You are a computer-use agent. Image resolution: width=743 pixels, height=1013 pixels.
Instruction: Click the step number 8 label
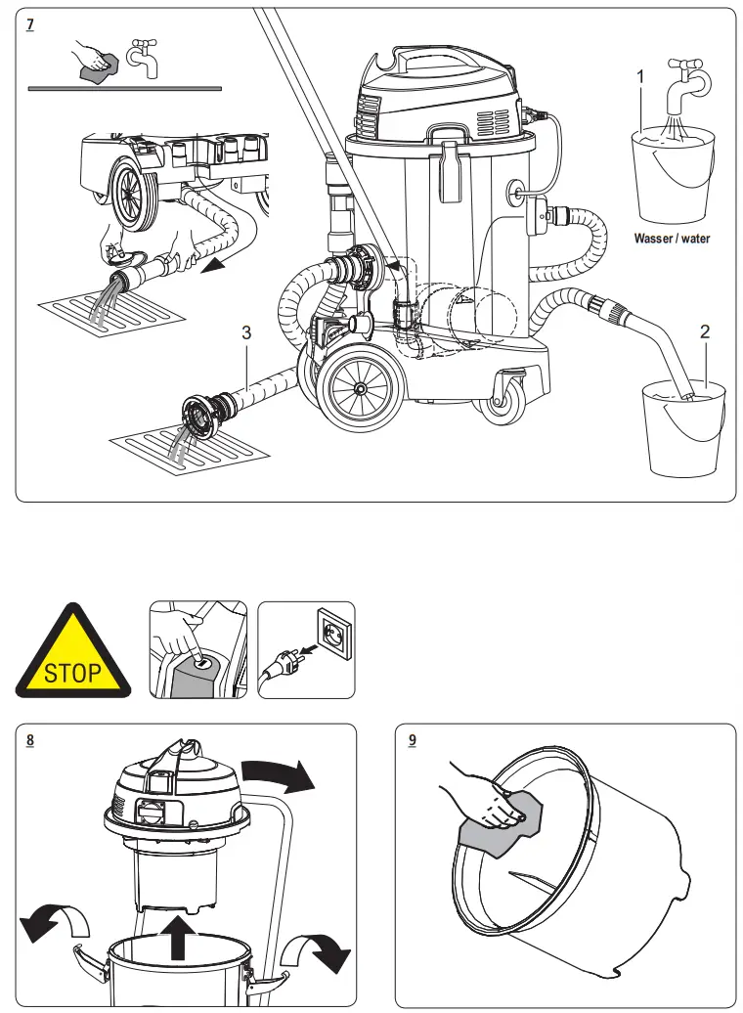pos(31,740)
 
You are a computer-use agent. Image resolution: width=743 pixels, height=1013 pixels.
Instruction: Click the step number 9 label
pos(412,740)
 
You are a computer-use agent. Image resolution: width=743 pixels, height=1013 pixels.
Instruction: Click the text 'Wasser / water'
pos(672,239)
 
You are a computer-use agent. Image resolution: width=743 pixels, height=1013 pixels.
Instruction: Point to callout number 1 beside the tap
pos(640,76)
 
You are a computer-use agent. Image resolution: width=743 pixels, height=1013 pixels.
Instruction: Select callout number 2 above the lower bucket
pos(704,331)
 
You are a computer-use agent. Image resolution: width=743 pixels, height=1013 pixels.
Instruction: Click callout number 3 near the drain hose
pos(246,333)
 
